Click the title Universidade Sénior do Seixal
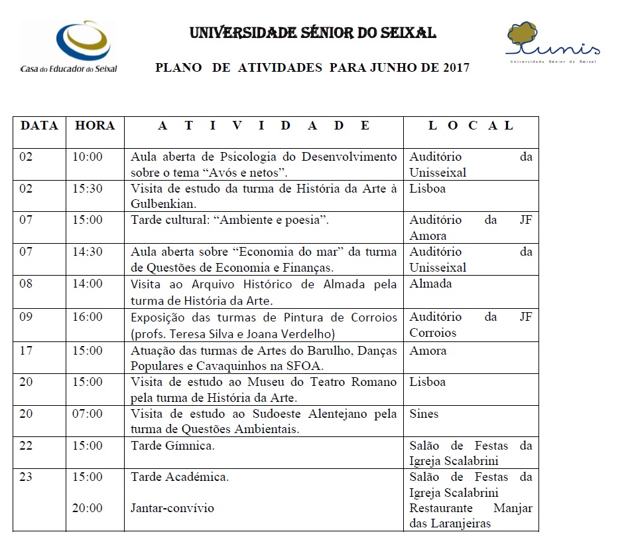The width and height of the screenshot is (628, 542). tap(313, 33)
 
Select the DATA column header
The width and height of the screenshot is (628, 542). tap(39, 126)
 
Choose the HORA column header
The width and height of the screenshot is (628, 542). tap(95, 126)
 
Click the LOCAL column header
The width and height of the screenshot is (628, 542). tap(471, 126)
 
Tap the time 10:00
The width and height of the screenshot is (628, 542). tap(88, 157)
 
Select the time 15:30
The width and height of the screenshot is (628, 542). tap(88, 189)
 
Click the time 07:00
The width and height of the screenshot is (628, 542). tap(88, 414)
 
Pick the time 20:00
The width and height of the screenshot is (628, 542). tap(88, 508)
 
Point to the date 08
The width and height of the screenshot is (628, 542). tap(26, 284)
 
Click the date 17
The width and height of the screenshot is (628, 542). tap(26, 350)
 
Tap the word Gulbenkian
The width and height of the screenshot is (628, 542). tap(162, 204)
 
